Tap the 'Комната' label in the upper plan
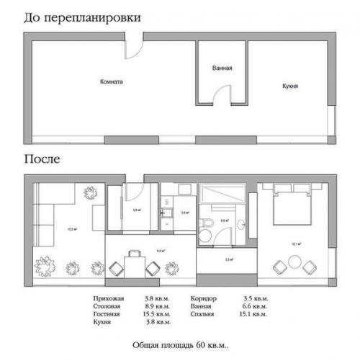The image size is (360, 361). (112, 82)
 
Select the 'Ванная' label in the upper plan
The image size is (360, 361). (222, 68)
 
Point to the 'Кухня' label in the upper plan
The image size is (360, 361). (289, 86)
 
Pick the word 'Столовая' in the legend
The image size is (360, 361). (108, 306)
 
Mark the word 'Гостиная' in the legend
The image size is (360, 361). (108, 314)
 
